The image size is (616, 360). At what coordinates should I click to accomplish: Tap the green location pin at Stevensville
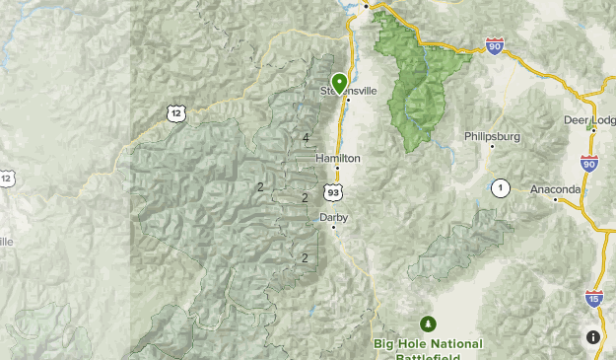(x=339, y=83)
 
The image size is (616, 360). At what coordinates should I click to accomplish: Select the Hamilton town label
(x=338, y=158)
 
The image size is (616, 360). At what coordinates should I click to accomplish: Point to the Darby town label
(x=333, y=217)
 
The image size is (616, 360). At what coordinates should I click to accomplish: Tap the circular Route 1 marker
(x=501, y=187)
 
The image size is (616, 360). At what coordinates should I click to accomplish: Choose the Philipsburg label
(x=492, y=137)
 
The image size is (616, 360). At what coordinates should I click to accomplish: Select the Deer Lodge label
(x=588, y=120)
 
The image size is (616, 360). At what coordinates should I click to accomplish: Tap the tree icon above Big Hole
(x=428, y=324)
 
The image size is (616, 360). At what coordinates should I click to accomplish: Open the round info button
(x=593, y=337)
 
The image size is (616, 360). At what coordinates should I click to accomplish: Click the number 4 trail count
(x=307, y=138)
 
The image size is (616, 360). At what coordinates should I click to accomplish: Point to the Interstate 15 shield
(x=594, y=298)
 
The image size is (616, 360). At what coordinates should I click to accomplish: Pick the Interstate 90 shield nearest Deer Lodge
(x=589, y=164)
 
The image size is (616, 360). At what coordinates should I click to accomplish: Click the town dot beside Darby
(x=333, y=228)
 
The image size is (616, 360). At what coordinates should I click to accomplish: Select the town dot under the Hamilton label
(x=337, y=168)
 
